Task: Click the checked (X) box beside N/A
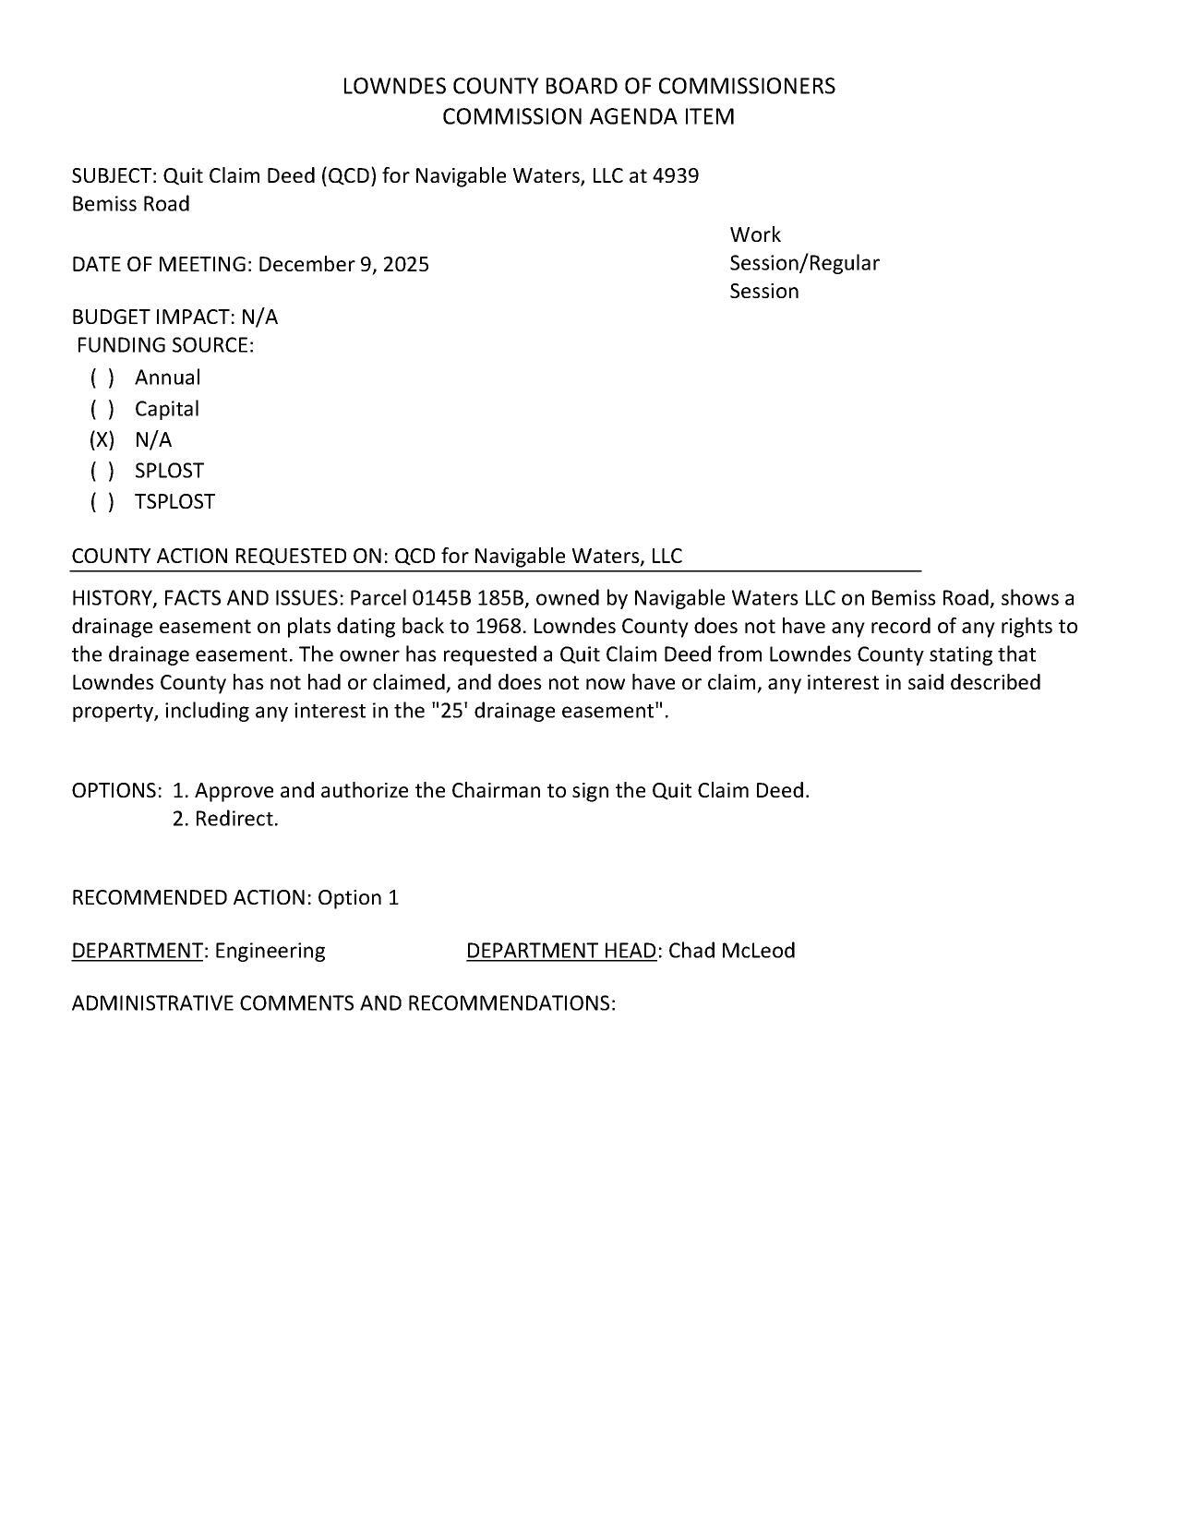pos(102,439)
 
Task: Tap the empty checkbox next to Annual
pos(102,378)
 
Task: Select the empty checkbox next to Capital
pos(102,409)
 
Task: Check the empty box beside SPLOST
pos(102,471)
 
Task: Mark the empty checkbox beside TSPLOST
pos(102,502)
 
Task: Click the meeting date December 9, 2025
pos(343,265)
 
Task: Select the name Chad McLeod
pos(732,951)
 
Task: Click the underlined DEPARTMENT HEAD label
pos(562,951)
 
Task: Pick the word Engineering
pos(270,951)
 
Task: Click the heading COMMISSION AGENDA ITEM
pos(588,117)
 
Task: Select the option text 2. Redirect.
pos(225,819)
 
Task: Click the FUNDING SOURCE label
pos(165,345)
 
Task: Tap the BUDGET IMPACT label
pos(153,318)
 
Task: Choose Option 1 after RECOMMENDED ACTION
pos(358,898)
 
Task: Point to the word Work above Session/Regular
pos(755,235)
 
